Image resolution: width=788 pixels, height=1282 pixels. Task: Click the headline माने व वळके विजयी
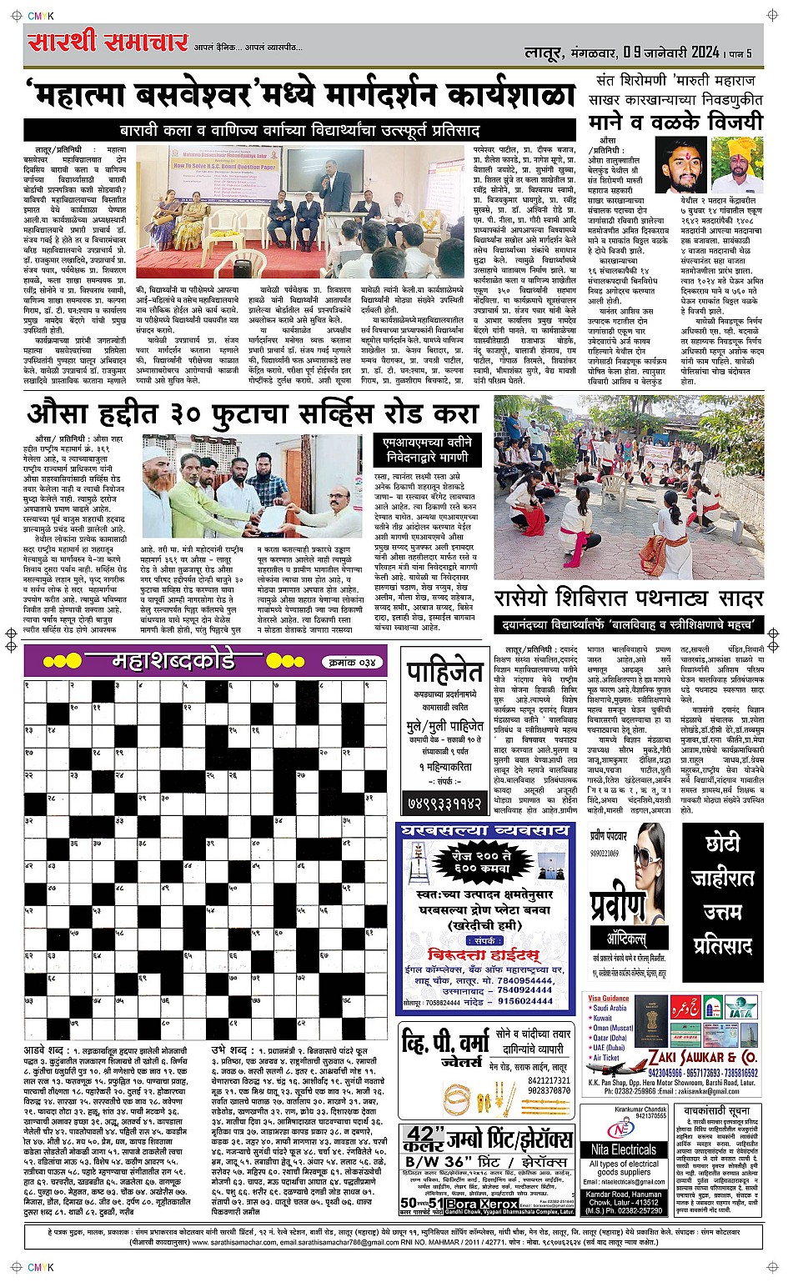click(675, 121)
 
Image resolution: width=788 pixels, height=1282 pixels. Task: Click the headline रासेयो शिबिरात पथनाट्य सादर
click(629, 598)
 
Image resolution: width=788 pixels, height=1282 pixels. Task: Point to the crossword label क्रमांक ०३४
click(350, 662)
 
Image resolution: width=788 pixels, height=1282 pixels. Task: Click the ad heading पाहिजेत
click(444, 671)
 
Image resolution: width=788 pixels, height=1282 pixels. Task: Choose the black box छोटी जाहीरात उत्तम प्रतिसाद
click(722, 894)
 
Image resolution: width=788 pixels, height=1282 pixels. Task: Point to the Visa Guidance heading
click(609, 998)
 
